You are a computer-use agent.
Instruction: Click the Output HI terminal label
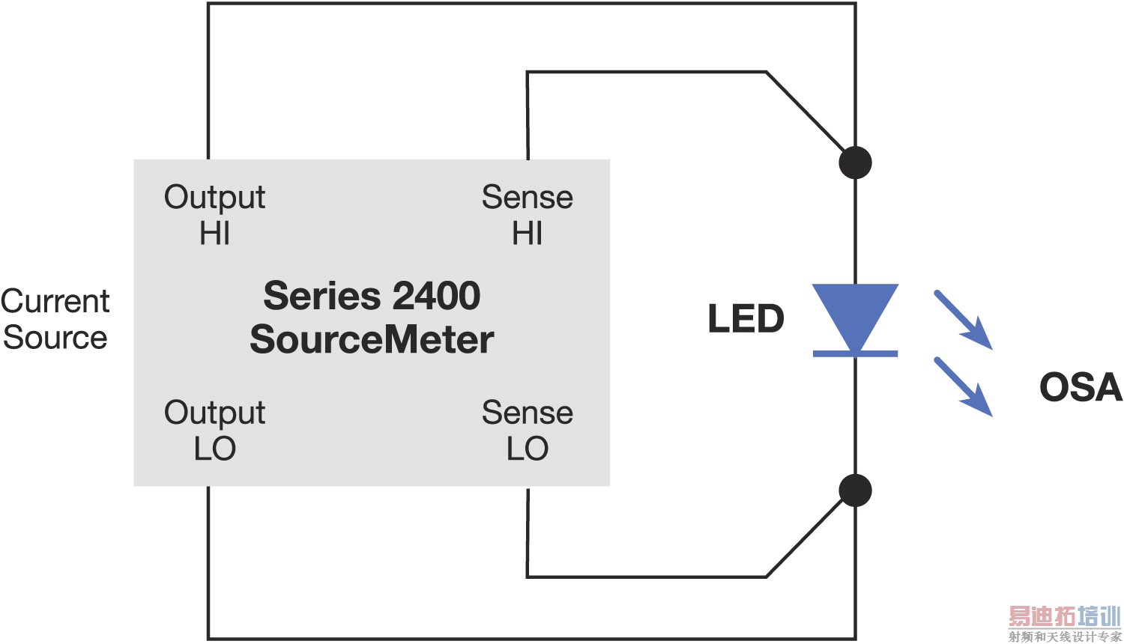(x=214, y=215)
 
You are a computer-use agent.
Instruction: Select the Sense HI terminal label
(x=527, y=215)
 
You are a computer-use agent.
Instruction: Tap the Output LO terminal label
(x=214, y=431)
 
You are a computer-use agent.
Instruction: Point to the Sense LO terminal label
(x=527, y=431)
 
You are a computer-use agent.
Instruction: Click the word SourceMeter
(x=372, y=339)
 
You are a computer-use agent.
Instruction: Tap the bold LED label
(x=746, y=319)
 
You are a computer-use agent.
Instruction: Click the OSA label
(x=1080, y=387)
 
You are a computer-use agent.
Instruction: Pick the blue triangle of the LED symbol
(x=855, y=311)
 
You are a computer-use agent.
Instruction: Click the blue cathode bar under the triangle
(x=855, y=353)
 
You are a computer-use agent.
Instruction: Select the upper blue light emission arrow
(x=964, y=321)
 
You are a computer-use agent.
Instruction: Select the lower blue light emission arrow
(x=964, y=386)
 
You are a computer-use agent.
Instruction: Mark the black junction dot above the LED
(x=855, y=162)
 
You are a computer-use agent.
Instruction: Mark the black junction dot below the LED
(x=855, y=490)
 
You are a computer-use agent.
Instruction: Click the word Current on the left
(x=55, y=301)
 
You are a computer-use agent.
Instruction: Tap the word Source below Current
(x=55, y=338)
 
